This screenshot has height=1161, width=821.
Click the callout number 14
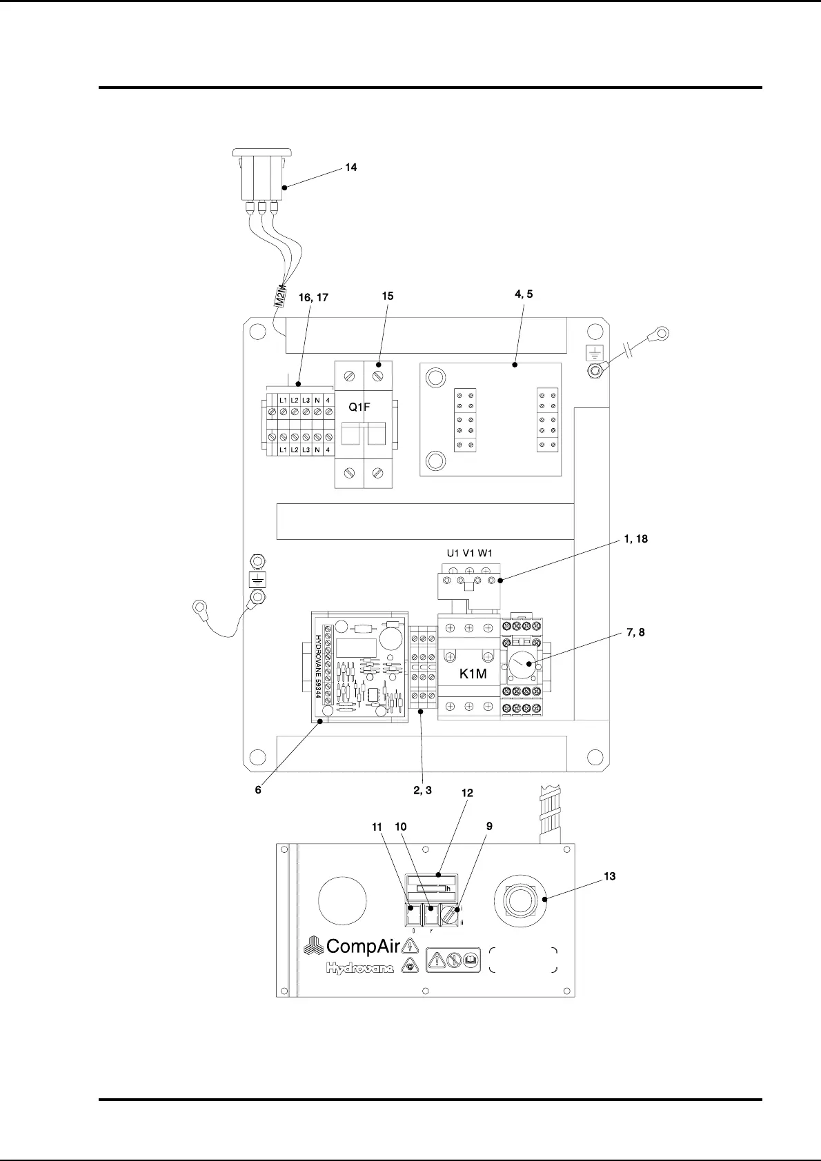coord(351,168)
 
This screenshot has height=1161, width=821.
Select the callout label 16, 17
coord(313,298)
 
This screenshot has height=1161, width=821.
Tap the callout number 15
coord(388,296)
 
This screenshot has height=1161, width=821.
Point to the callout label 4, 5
coord(524,294)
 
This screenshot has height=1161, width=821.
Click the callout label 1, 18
coord(635,539)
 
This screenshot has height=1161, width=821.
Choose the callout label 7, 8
coord(635,632)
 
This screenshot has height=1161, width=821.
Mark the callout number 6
coord(258,790)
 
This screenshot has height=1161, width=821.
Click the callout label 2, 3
coord(422,790)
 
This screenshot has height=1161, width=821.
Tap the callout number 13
coord(610,876)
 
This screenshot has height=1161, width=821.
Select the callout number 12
coord(467,794)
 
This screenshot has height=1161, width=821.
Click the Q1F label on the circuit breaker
coord(359,407)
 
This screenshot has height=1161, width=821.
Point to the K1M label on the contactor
coord(473,674)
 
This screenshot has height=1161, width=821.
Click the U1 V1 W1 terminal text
coord(469,553)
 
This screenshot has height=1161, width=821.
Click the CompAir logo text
coord(363,946)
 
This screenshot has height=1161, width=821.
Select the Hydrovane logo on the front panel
coord(360,969)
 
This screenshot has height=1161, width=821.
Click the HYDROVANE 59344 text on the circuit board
coord(319,667)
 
